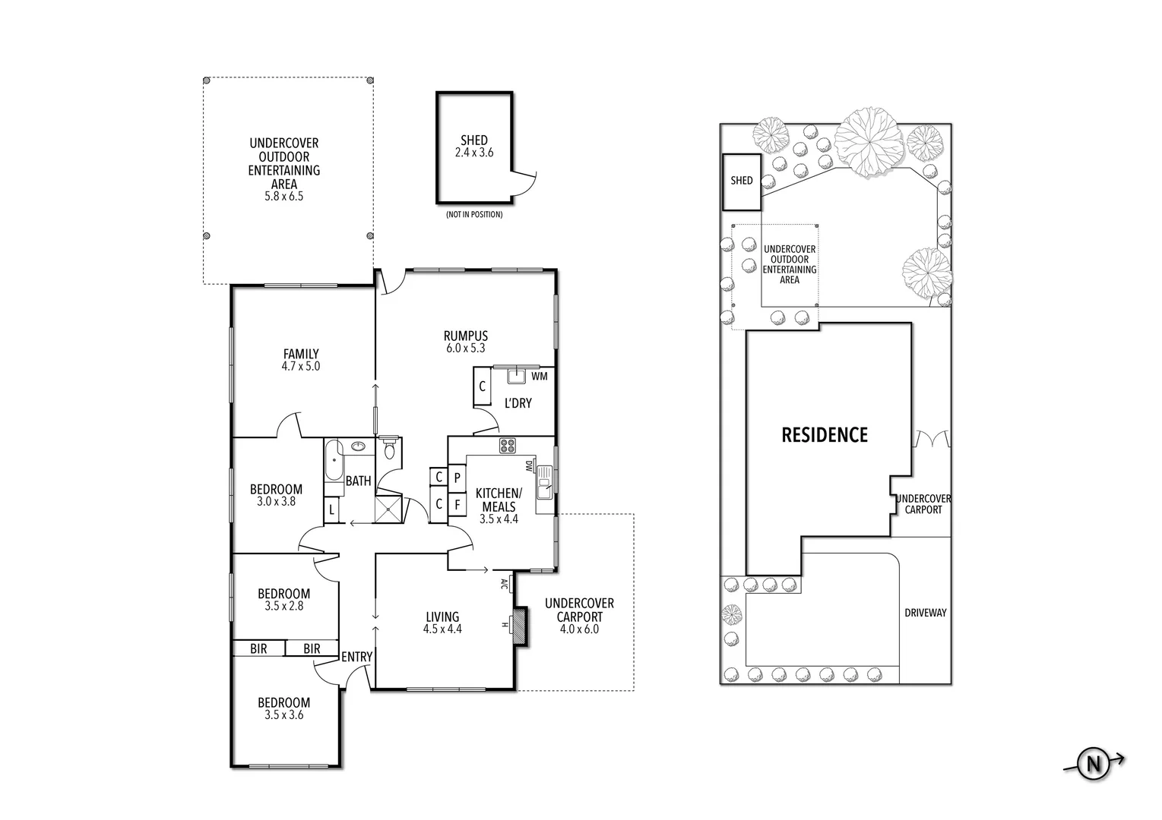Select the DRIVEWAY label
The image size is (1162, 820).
point(925,613)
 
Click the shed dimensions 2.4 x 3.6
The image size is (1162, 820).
point(473,153)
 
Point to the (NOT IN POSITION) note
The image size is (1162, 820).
point(474,215)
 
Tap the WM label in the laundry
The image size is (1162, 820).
point(539,376)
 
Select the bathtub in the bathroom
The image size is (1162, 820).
point(333,462)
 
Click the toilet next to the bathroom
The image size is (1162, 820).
point(390,449)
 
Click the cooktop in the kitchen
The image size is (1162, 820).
point(508,446)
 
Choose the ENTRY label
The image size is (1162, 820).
point(356,657)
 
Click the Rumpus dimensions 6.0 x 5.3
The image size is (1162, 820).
point(466,348)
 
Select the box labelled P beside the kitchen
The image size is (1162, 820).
point(457,478)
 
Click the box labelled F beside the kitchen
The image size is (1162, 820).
point(457,504)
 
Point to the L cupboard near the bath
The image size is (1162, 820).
point(332,510)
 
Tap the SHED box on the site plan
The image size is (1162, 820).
point(741,181)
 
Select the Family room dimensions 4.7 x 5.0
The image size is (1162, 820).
point(301,366)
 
